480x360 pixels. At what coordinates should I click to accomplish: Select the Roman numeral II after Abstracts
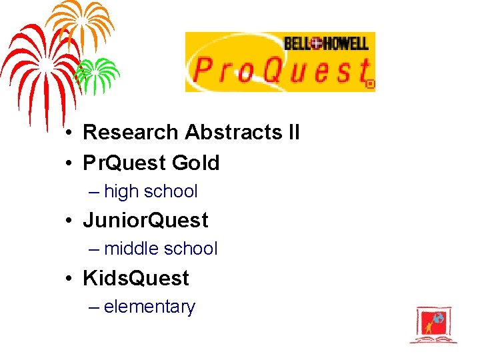coord(293,133)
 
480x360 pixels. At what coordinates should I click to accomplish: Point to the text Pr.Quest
coord(125,163)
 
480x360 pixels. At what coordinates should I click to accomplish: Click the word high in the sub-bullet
coord(121,191)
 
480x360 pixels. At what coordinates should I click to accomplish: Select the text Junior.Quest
coord(145,220)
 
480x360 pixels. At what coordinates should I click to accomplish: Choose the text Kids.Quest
coord(136,278)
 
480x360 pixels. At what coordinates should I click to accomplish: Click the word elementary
coord(149,307)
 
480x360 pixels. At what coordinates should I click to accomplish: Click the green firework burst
coord(97,73)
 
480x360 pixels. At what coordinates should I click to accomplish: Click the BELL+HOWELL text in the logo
coord(325,44)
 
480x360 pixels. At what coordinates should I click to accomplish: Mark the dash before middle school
coord(93,249)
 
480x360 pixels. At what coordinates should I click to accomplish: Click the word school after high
coord(171,191)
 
